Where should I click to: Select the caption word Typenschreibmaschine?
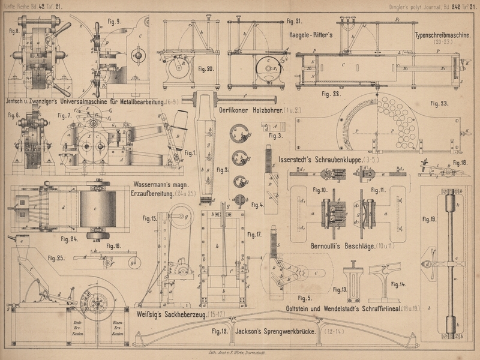click(441, 35)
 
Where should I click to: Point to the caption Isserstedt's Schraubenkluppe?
click(328, 160)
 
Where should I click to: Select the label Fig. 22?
click(331, 94)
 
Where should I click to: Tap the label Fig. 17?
click(254, 235)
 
